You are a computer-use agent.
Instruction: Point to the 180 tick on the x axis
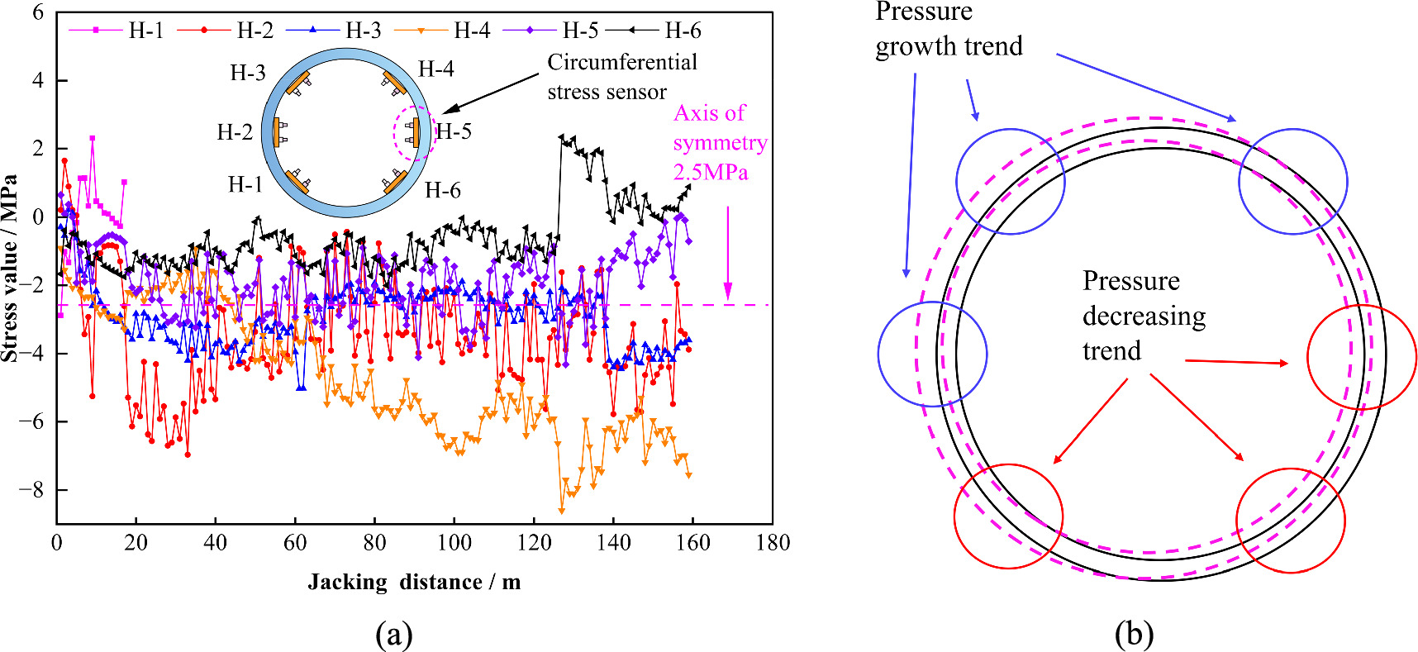772,543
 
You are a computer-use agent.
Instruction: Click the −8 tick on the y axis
31,490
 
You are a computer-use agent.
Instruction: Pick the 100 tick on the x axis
454,543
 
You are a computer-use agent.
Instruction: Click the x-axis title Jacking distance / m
414,583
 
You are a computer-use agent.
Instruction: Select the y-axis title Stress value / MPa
10,268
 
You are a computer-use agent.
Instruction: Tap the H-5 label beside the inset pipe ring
454,131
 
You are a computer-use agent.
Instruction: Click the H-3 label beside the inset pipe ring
248,73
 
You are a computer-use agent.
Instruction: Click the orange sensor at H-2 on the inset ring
276,132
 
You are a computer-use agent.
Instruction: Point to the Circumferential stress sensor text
621,77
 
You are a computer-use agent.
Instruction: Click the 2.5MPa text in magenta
711,173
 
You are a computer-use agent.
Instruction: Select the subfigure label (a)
393,635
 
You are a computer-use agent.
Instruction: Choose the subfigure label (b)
1134,635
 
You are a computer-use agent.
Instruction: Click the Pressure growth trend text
948,30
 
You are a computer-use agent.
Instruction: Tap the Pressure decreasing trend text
1144,316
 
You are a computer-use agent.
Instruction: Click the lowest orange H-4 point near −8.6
562,511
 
